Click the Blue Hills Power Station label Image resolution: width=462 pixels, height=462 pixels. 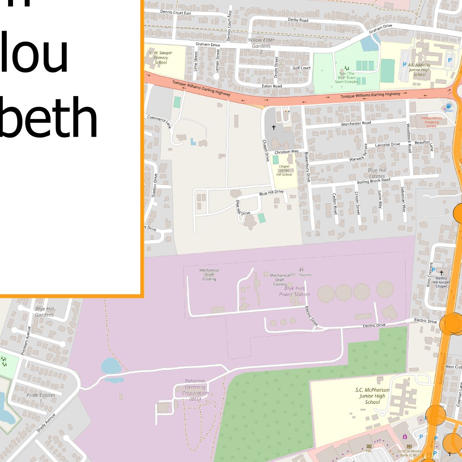[295, 291]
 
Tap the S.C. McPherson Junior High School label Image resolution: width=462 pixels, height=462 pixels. [372, 396]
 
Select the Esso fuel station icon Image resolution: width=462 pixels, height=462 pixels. [448, 106]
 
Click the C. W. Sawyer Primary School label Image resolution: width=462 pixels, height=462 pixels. [161, 58]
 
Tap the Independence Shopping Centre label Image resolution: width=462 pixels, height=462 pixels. [432, 122]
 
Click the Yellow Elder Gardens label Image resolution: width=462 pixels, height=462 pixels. [261, 43]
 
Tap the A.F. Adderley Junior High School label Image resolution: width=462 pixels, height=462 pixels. [420, 69]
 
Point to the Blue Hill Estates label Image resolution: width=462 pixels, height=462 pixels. [377, 173]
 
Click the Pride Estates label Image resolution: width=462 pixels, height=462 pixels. [41, 397]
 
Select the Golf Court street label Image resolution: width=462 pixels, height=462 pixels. [301, 68]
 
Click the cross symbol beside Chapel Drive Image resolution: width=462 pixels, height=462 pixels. [273, 128]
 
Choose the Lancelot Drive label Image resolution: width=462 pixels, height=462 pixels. [387, 144]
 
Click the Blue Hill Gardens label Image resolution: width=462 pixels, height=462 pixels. [44, 312]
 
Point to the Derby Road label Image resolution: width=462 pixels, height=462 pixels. [298, 20]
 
